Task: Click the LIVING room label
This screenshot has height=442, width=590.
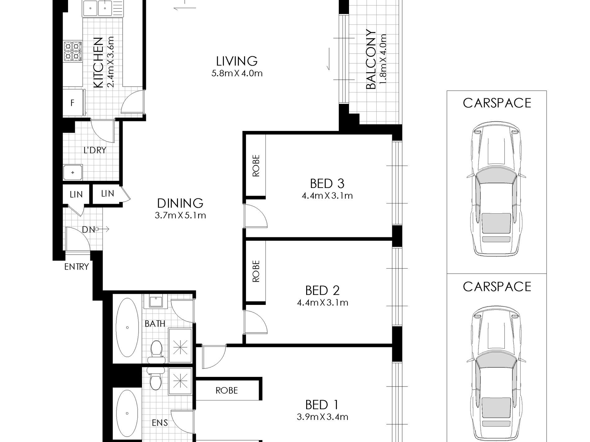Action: click(x=237, y=61)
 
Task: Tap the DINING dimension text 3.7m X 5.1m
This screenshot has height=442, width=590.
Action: click(x=180, y=215)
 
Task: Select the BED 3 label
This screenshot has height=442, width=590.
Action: click(x=327, y=184)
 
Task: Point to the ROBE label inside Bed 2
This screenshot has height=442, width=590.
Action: click(x=256, y=271)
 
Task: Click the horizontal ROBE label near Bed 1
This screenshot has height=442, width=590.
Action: click(x=227, y=390)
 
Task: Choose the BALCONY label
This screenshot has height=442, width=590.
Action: click(x=371, y=60)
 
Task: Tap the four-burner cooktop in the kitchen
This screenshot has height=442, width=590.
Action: click(x=73, y=51)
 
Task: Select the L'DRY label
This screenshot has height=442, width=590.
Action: click(x=95, y=150)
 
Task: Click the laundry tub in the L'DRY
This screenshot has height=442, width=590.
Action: click(x=73, y=172)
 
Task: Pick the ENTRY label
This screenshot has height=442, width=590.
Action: click(x=76, y=266)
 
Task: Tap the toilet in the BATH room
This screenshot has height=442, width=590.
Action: click(x=155, y=352)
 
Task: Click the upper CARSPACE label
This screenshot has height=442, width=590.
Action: click(x=497, y=103)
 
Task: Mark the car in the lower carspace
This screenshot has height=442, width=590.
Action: click(x=496, y=372)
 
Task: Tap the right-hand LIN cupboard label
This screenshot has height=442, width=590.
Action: click(x=107, y=194)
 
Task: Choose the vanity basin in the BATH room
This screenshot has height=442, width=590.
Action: click(x=154, y=301)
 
